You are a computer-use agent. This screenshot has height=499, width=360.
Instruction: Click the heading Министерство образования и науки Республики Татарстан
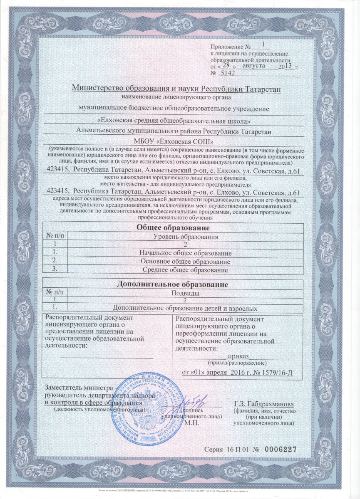click(177, 88)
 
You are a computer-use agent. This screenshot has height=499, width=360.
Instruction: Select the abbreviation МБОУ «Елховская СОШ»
click(177, 140)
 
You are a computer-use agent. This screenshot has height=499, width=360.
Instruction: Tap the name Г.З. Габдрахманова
click(264, 404)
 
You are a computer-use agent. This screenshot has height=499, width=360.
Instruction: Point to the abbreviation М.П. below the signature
click(192, 422)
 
